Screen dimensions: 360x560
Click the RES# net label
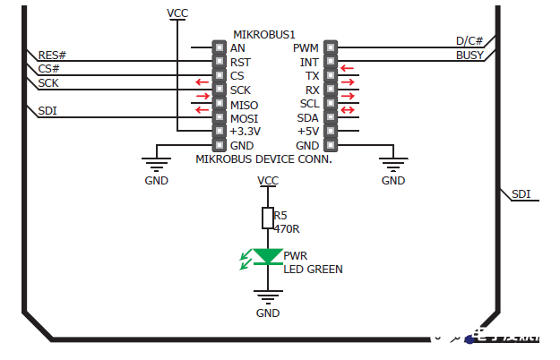(53, 56)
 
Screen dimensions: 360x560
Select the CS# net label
(49, 69)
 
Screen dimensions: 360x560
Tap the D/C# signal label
(470, 41)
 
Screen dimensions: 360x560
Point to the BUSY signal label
(470, 56)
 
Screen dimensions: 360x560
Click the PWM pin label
(306, 47)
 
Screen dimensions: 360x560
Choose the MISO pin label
(244, 105)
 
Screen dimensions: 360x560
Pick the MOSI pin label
(244, 118)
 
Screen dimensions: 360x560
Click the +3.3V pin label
(245, 132)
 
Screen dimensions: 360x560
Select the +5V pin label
(308, 132)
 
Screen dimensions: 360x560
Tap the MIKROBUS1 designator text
(264, 33)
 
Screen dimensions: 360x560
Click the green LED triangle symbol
(267, 256)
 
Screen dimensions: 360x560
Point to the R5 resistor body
(267, 218)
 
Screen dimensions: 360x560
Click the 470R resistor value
(286, 229)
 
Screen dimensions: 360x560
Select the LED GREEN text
(313, 269)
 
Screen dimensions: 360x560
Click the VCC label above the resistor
(267, 180)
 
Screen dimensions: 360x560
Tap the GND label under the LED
(268, 313)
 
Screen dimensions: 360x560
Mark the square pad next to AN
(218, 47)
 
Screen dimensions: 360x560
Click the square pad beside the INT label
(330, 62)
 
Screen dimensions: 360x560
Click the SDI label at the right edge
(521, 193)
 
